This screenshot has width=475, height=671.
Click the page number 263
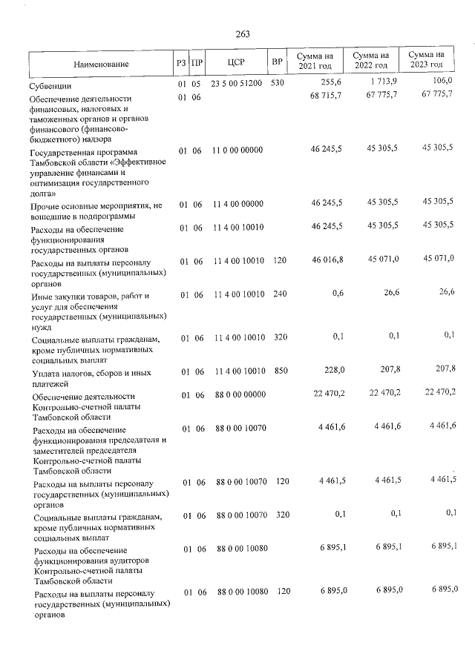pos(243,34)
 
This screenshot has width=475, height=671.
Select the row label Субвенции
pos(50,86)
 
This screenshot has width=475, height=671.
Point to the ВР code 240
pos(279,294)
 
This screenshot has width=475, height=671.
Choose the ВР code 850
pos(281,371)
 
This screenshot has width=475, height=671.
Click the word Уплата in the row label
pos(50,373)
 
